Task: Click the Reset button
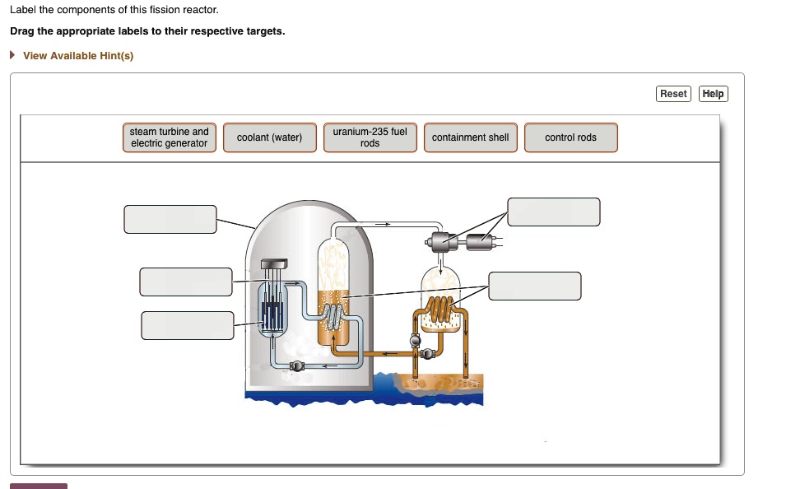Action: [x=673, y=94]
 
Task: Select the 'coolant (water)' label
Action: [x=269, y=137]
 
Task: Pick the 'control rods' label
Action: [x=570, y=137]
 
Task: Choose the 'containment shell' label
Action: [x=470, y=137]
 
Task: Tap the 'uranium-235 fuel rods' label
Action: [x=370, y=137]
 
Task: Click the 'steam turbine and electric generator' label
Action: [x=170, y=137]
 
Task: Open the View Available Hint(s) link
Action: [x=77, y=56]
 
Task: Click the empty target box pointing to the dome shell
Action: [x=170, y=219]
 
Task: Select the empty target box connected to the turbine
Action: [x=553, y=212]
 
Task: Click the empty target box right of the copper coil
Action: [x=535, y=286]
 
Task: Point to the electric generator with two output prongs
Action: [x=479, y=241]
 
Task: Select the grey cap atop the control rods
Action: [x=275, y=263]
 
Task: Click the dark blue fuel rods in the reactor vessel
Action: [x=273, y=314]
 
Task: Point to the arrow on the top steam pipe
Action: [x=383, y=223]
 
